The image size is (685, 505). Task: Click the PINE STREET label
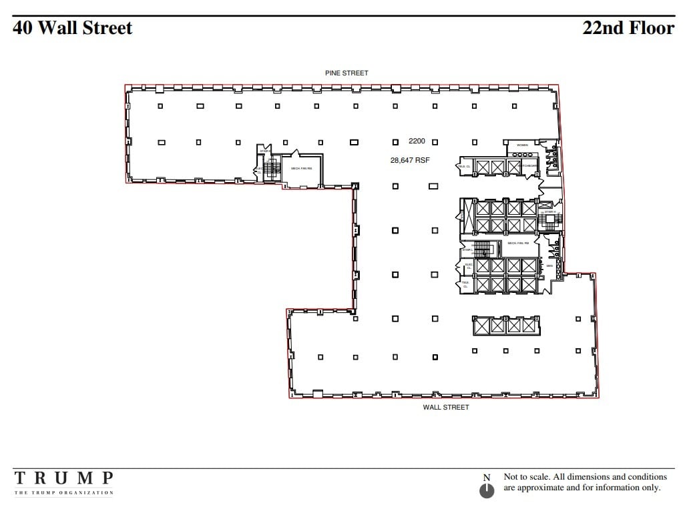tap(347, 73)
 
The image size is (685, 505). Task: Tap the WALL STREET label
tap(446, 407)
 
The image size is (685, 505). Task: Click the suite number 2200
tap(417, 141)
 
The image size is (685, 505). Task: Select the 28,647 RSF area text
tap(410, 160)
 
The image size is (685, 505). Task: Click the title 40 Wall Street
tap(72, 28)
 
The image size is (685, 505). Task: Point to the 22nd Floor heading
tap(628, 28)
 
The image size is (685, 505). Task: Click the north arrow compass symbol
tap(487, 491)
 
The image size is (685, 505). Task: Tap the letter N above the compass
tap(487, 477)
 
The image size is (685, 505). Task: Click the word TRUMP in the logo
tap(64, 478)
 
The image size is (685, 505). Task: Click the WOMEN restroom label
tap(522, 145)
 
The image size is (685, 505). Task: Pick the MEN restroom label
tap(550, 266)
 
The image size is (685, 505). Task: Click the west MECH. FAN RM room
tap(301, 169)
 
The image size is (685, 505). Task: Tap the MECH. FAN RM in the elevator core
tap(518, 243)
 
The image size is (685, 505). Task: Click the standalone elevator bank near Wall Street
tap(505, 326)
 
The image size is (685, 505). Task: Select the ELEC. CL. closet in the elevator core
tap(468, 266)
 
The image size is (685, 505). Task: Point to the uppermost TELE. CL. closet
tap(465, 166)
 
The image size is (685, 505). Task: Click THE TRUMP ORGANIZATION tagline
tap(64, 493)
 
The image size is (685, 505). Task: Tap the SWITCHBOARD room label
tap(529, 165)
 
